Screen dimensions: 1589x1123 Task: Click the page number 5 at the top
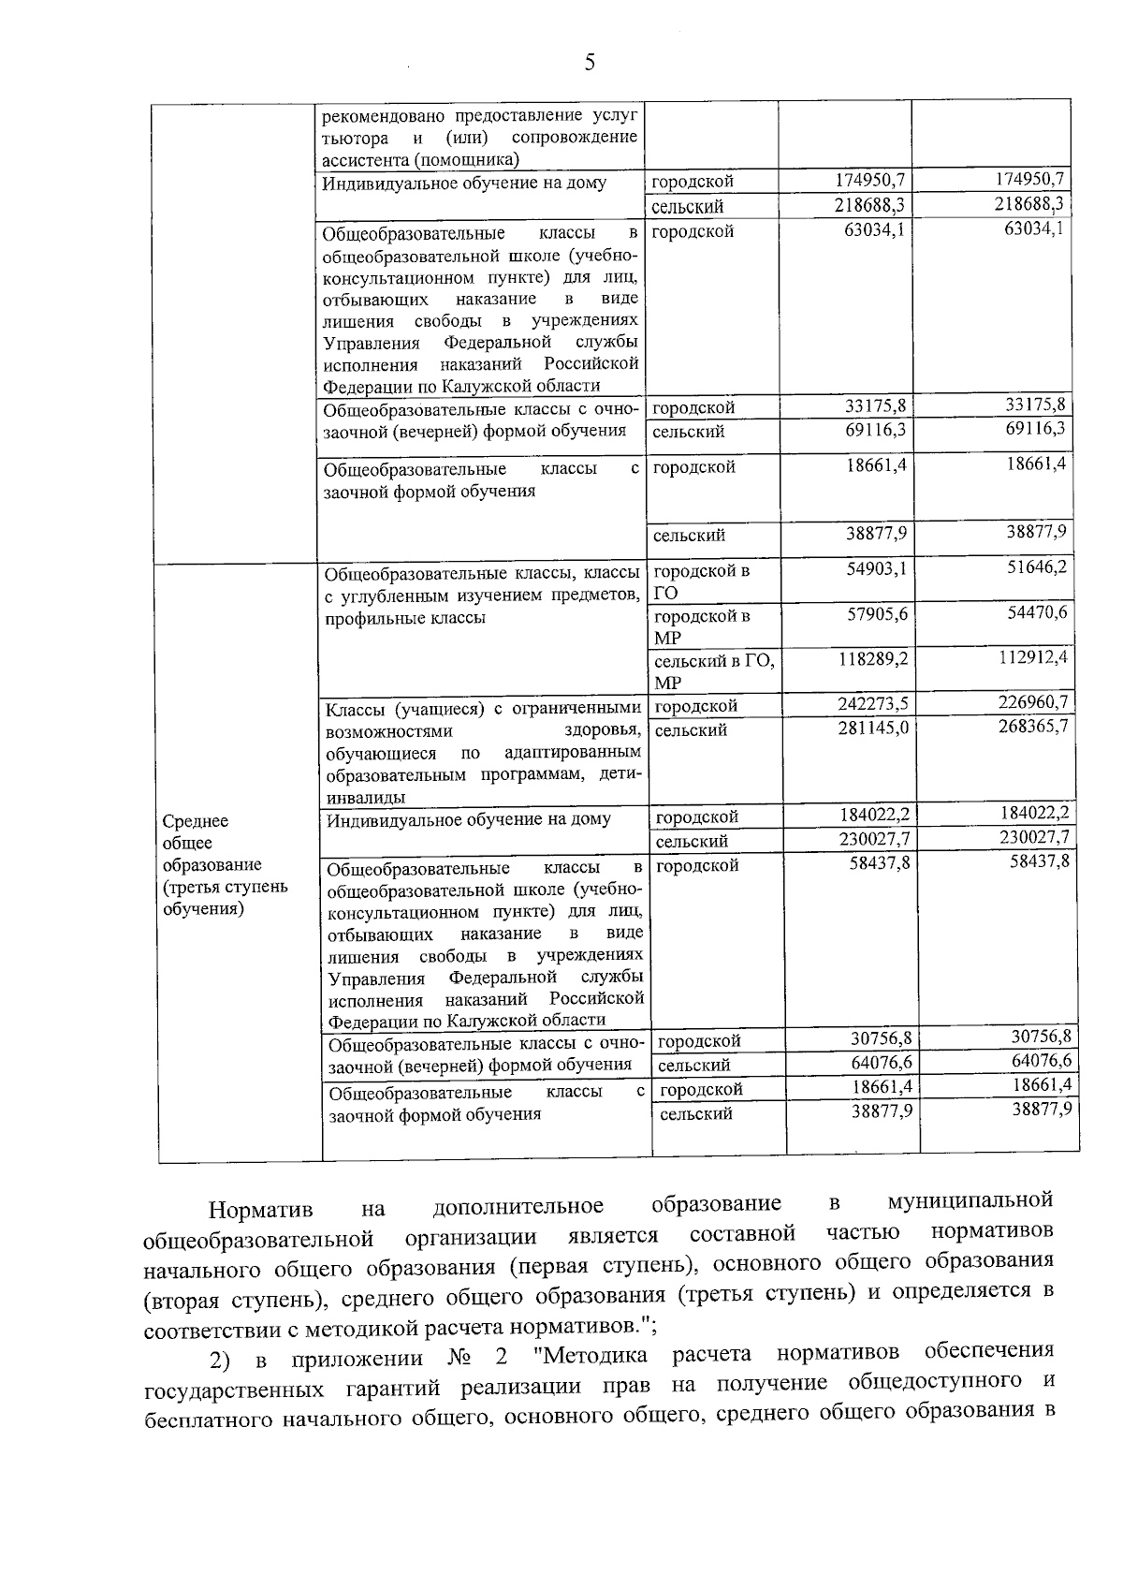click(x=589, y=63)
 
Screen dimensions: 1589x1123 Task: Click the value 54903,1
click(x=876, y=568)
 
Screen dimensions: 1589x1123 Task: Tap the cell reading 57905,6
click(x=876, y=613)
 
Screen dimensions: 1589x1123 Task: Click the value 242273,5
click(x=874, y=704)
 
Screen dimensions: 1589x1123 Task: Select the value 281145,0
click(x=874, y=728)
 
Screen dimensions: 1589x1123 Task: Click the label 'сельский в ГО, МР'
click(x=713, y=671)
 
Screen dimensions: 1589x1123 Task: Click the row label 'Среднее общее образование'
click(x=225, y=864)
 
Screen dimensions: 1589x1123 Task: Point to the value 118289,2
click(x=874, y=659)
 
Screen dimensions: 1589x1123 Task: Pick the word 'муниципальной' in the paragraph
click(x=970, y=1200)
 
